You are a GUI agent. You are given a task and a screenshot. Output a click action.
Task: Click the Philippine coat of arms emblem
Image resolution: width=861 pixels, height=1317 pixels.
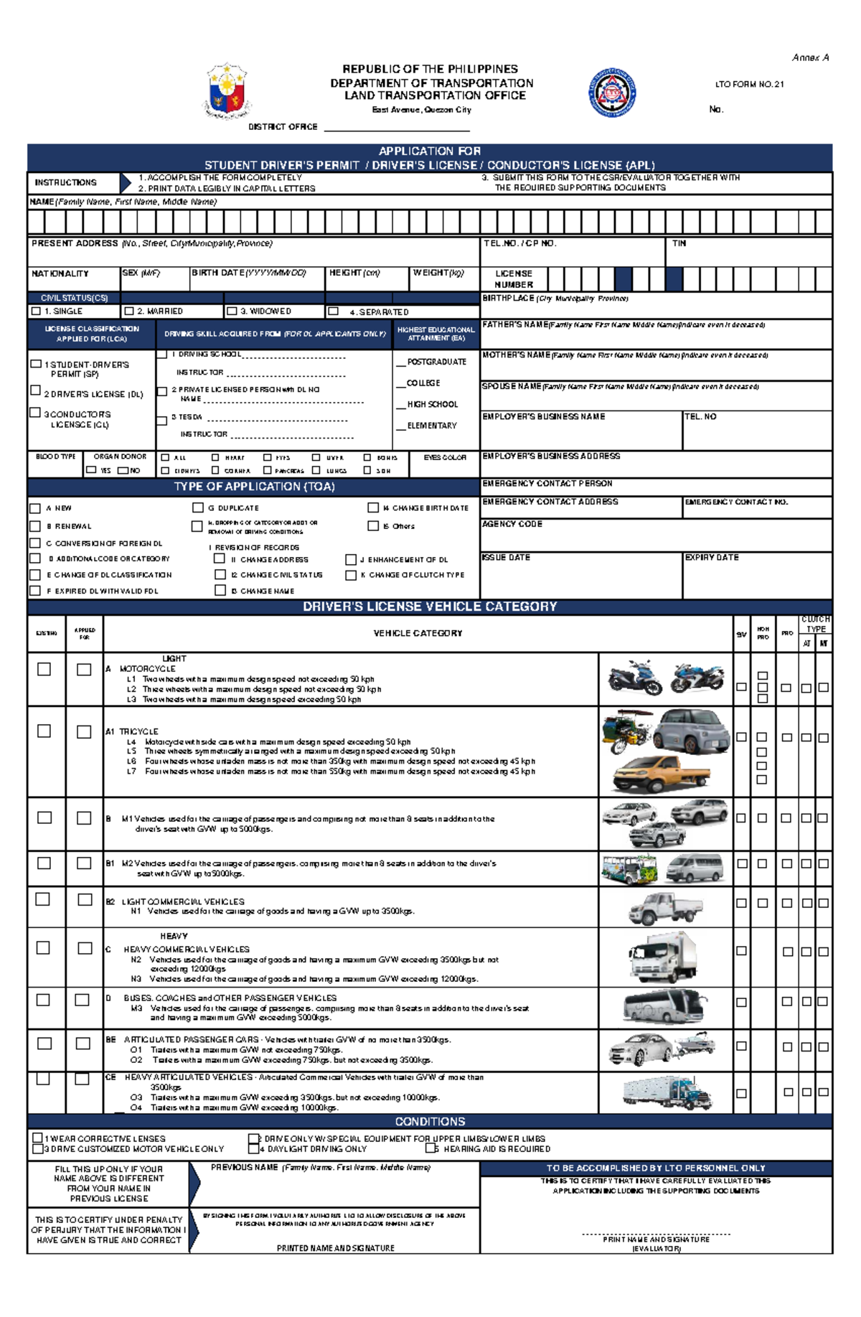pyautogui.click(x=227, y=91)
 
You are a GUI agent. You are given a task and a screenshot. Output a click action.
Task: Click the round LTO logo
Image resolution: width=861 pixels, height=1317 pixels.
pyautogui.click(x=612, y=93)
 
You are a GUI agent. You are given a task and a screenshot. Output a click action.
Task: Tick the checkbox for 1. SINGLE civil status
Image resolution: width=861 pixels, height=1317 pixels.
pyautogui.click(x=36, y=311)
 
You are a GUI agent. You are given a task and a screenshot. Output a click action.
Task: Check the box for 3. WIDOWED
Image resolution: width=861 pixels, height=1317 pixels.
pyautogui.click(x=232, y=311)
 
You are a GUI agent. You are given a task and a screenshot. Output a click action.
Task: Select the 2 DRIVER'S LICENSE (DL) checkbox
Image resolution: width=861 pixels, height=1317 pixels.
pyautogui.click(x=35, y=390)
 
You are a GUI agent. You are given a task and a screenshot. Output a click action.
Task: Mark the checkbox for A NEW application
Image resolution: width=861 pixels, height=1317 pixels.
pyautogui.click(x=35, y=508)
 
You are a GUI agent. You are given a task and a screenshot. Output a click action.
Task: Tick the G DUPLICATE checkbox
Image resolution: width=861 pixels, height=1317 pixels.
pyautogui.click(x=198, y=507)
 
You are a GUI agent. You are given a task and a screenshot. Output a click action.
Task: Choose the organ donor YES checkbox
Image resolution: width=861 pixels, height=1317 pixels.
pyautogui.click(x=91, y=470)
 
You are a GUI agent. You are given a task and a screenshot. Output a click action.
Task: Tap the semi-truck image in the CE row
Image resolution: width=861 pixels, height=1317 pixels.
pyautogui.click(x=668, y=1092)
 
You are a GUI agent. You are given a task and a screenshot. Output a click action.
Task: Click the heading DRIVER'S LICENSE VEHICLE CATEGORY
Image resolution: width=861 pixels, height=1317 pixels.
pyautogui.click(x=430, y=606)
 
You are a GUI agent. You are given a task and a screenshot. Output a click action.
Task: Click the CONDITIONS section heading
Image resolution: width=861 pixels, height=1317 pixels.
pyautogui.click(x=430, y=1121)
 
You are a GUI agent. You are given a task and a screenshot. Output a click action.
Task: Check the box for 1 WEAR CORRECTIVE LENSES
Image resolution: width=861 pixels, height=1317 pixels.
pyautogui.click(x=37, y=1138)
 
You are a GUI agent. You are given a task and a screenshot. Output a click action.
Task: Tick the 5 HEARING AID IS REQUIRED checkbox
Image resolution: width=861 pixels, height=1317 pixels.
pyautogui.click(x=430, y=1148)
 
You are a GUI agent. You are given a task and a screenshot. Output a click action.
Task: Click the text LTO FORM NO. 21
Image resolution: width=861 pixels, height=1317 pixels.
pyautogui.click(x=749, y=84)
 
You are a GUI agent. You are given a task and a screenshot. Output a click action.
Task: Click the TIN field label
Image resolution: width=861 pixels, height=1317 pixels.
pyautogui.click(x=679, y=243)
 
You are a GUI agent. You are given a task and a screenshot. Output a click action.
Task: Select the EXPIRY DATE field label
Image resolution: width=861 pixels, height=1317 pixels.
pyautogui.click(x=711, y=557)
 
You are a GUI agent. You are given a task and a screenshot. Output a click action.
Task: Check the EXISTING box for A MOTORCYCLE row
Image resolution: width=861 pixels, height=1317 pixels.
pyautogui.click(x=44, y=669)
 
